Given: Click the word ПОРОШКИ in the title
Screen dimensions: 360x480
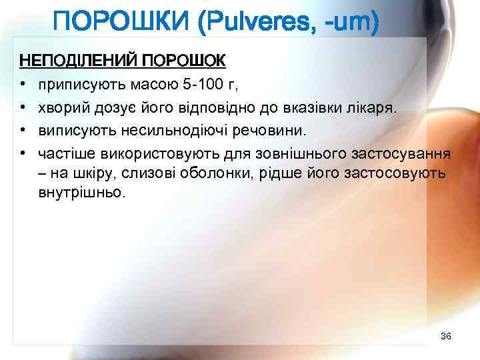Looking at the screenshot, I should tap(123, 25).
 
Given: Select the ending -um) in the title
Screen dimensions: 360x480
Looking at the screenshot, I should tap(353, 25).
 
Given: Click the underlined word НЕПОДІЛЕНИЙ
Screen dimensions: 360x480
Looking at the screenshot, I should tap(75, 62).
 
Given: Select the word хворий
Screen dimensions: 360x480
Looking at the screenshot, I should tap(61, 108).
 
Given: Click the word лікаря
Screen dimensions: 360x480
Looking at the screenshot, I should tap(373, 108).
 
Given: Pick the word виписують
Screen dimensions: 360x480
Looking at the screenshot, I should tap(71, 131).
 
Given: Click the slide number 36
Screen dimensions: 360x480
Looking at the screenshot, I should tap(446, 335).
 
